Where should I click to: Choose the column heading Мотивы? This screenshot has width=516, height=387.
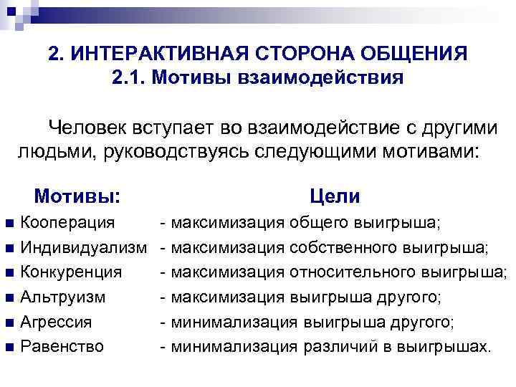(x=77, y=196)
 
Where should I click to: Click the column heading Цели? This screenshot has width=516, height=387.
(x=335, y=196)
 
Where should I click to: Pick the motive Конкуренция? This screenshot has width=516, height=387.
(x=72, y=272)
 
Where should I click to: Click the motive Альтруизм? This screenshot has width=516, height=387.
(x=63, y=297)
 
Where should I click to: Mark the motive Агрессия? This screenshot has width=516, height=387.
(x=60, y=322)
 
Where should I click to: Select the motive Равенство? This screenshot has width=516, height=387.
(x=62, y=347)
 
